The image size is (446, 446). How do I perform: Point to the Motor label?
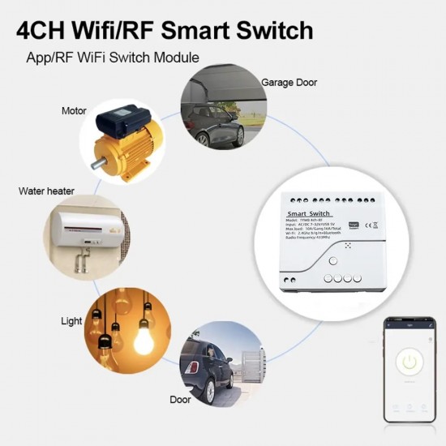tap(74, 110)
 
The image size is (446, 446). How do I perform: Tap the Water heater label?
tap(46, 191)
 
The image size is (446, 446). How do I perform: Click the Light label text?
tap(72, 321)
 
